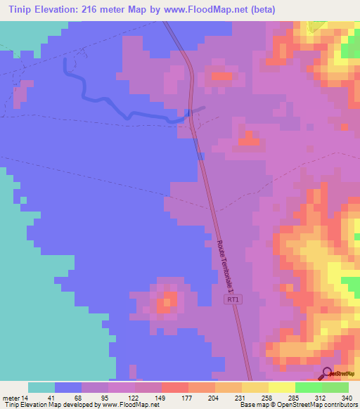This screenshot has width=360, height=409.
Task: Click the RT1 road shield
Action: (x=233, y=300)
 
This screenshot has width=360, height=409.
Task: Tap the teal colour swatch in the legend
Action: (x=41, y=387)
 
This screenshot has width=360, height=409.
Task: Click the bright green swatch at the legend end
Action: (x=335, y=387)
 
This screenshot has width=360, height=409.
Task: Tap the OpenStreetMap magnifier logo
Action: (x=326, y=373)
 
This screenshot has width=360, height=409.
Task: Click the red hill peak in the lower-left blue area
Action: (x=165, y=304)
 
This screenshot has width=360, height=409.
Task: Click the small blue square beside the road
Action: (x=201, y=156)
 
